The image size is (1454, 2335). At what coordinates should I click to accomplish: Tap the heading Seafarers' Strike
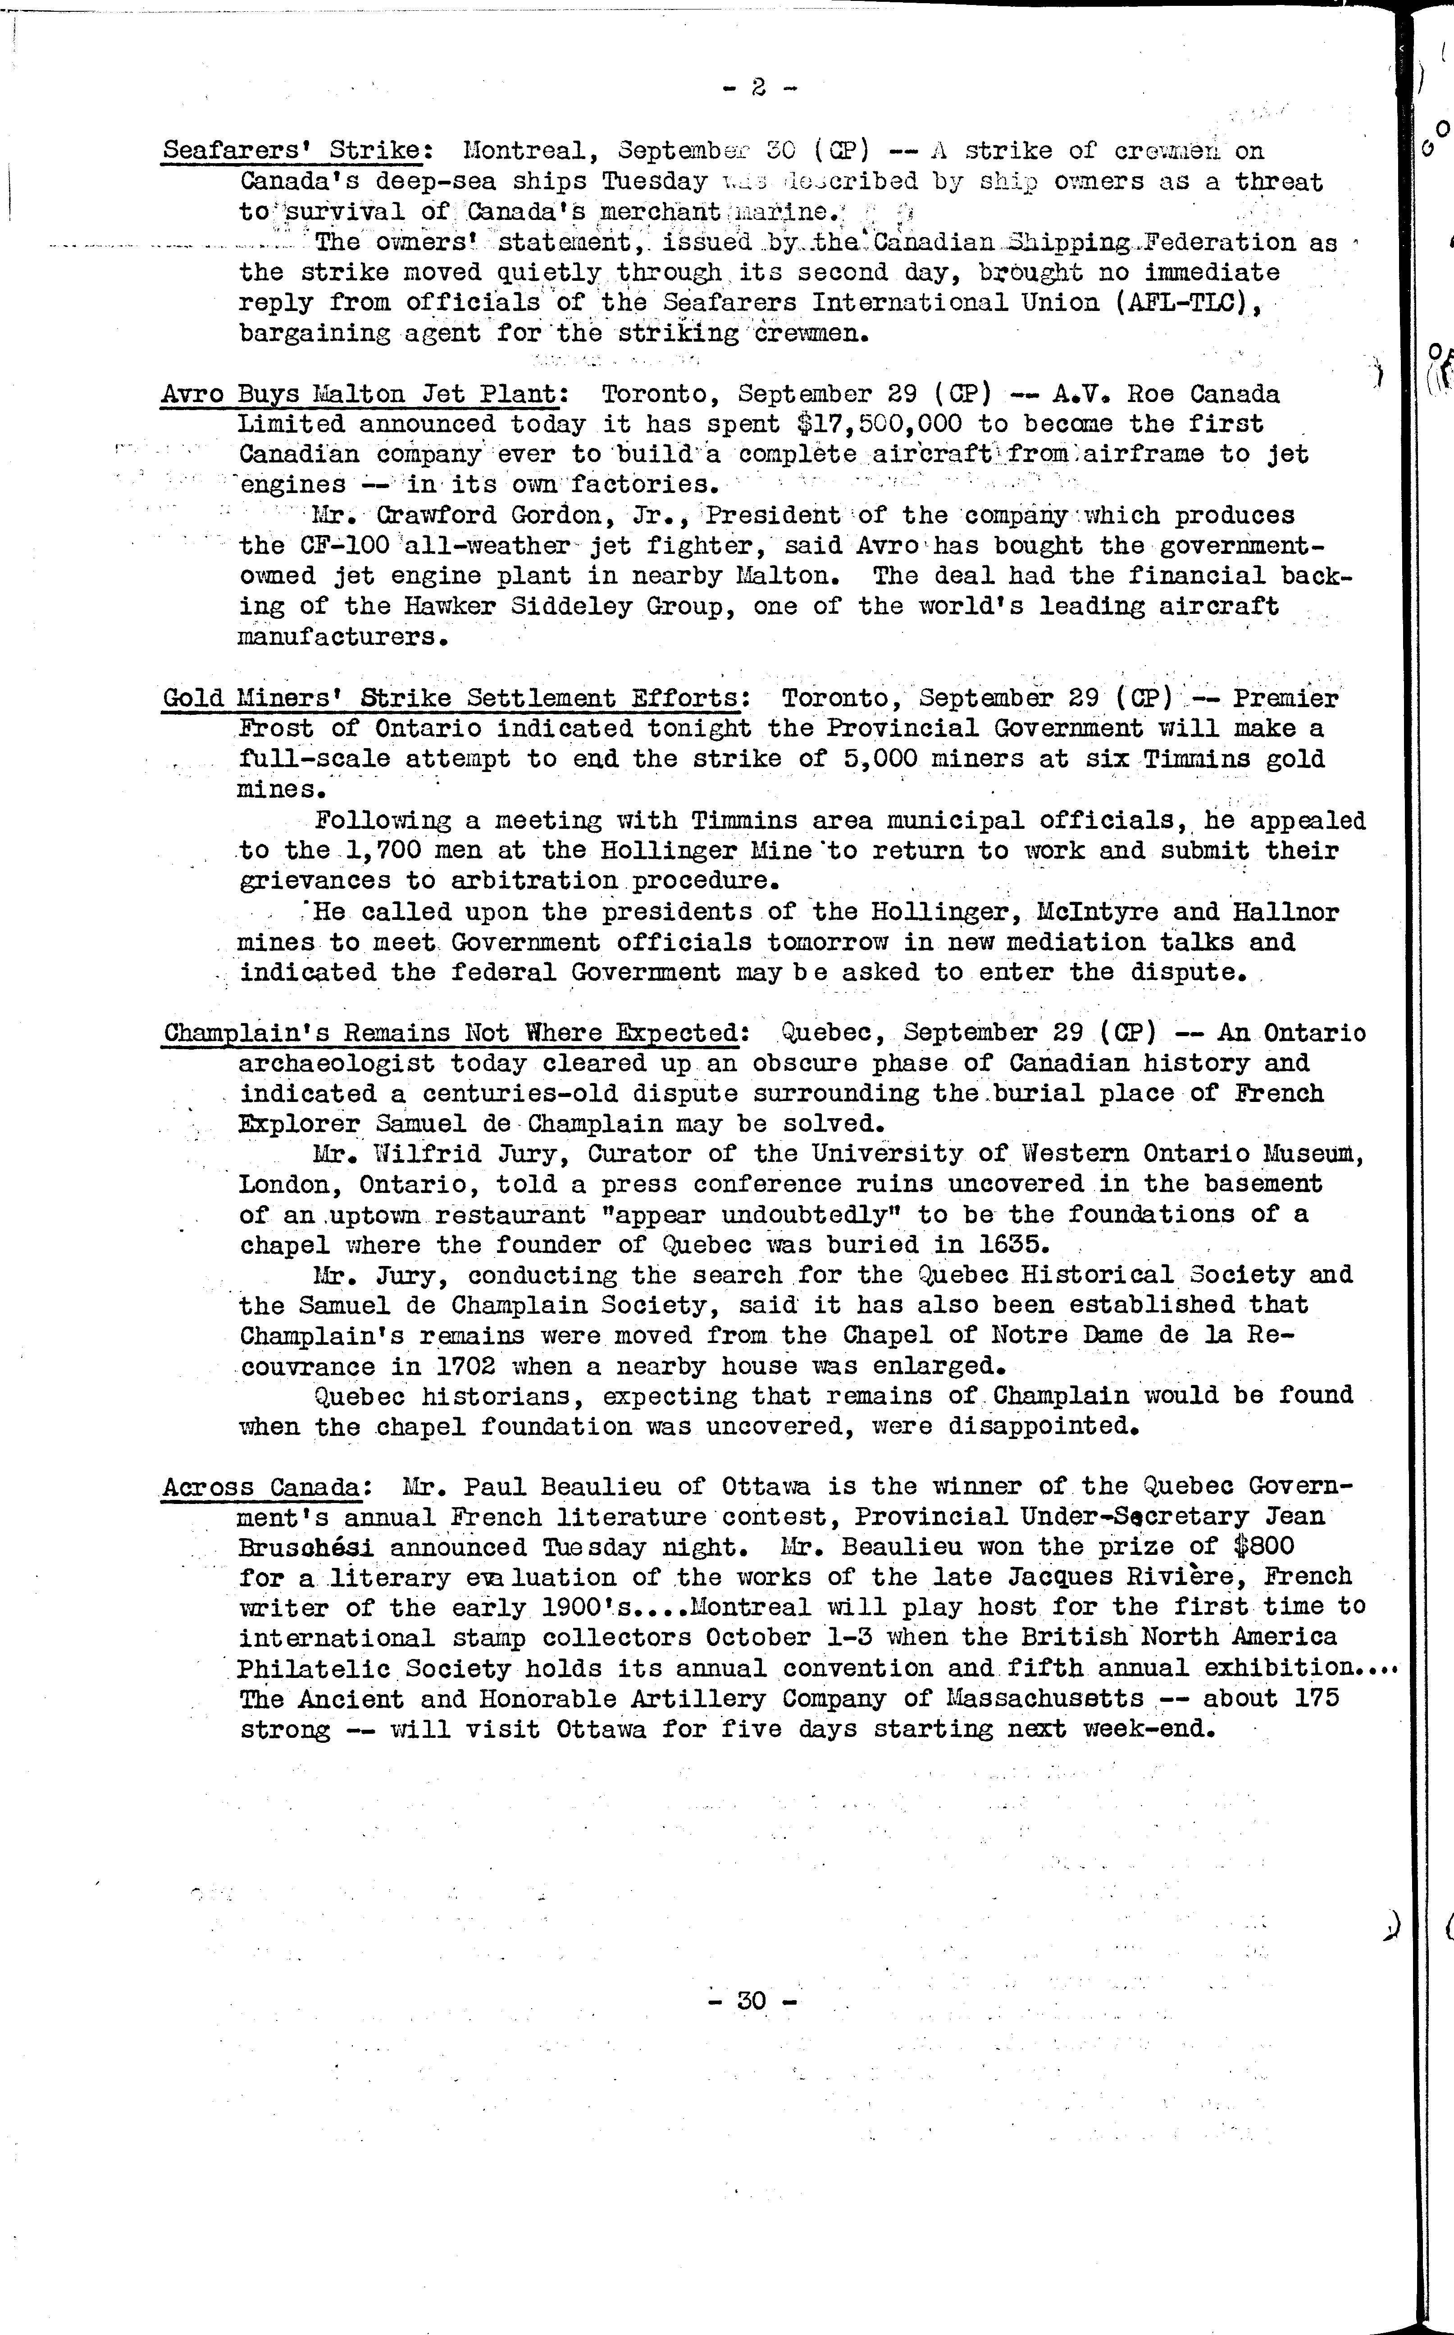click(292, 151)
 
